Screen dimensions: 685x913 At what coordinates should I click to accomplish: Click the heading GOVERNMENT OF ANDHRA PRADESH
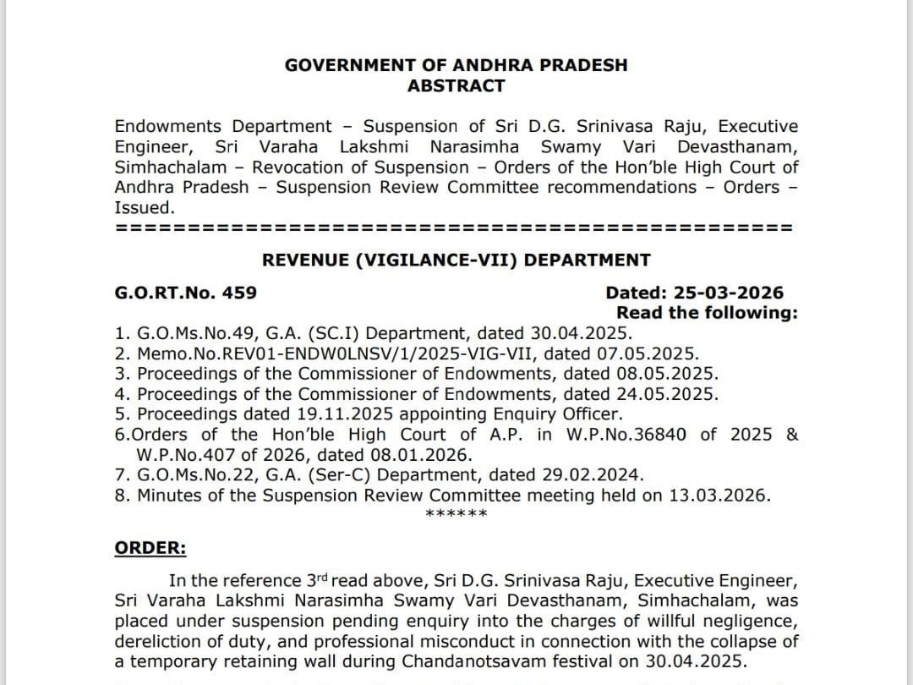pos(456,65)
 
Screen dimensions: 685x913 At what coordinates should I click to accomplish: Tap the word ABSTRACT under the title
pos(456,85)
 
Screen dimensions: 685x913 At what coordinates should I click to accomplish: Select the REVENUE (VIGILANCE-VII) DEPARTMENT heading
pos(456,260)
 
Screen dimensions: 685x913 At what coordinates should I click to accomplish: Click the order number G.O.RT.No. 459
pos(186,293)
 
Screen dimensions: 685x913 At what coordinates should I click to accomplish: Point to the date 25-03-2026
pos(728,293)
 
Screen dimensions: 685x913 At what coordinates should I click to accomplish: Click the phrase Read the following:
pos(707,313)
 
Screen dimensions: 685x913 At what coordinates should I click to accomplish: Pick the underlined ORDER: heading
pos(150,547)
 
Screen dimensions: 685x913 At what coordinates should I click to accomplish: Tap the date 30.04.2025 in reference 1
pos(579,333)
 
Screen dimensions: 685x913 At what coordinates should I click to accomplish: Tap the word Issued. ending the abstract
pos(145,207)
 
